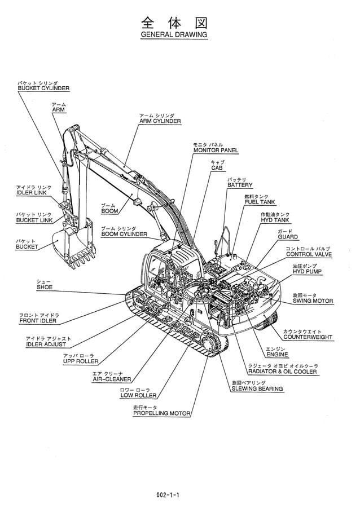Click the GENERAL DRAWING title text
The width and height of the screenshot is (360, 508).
[x=173, y=35]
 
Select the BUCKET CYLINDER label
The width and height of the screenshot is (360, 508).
[x=43, y=89]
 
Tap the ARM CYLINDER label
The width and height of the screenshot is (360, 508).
[x=160, y=121]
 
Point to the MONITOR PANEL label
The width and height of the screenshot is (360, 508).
[x=216, y=151]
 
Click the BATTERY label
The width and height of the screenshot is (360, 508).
[x=240, y=185]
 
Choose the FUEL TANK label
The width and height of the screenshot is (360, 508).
[x=260, y=202]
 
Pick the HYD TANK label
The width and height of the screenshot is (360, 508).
[x=275, y=220]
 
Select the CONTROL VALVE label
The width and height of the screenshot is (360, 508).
[x=308, y=254]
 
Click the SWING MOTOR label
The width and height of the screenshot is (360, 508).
[x=313, y=301]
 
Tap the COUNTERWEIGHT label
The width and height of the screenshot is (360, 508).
[x=308, y=337]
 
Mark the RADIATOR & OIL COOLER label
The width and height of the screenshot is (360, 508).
[x=282, y=372]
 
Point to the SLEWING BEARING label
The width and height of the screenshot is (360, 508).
[x=257, y=389]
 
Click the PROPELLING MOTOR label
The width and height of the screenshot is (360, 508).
[x=161, y=413]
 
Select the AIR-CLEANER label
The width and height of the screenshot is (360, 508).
[x=112, y=379]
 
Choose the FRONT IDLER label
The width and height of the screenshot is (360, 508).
[x=38, y=321]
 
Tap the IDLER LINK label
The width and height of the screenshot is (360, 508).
[x=32, y=193]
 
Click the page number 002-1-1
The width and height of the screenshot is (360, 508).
[x=172, y=496]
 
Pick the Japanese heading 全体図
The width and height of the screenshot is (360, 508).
[x=173, y=22]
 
